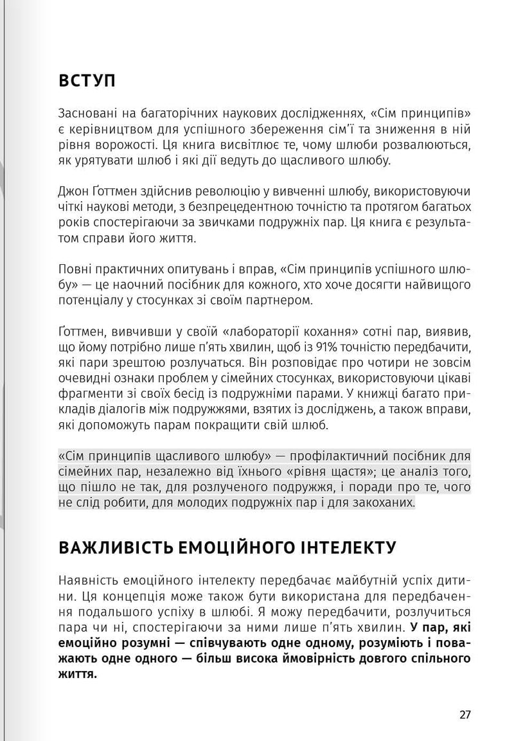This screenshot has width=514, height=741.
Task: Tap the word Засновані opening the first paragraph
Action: [x=86, y=114]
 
